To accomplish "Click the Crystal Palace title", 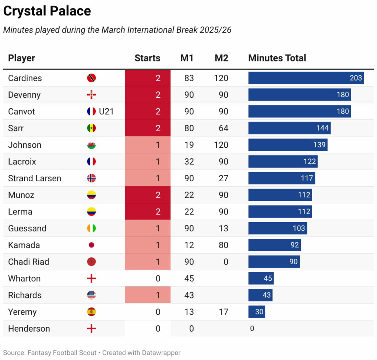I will point(47,11).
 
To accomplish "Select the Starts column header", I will point(147,58).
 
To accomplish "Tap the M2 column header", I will point(221,58).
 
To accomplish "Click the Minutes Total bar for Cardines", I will point(306,78).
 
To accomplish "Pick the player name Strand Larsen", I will point(35,178).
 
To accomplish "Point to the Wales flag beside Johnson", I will point(91,145).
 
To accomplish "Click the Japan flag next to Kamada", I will point(91,245).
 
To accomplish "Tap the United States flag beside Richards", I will point(91,295).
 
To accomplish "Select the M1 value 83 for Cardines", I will point(189,78).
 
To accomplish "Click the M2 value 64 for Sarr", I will point(223,128).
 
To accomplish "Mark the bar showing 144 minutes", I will point(289,128).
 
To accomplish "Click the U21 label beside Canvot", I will point(106,112).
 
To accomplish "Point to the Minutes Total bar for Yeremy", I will point(257,312).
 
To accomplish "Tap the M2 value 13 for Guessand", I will point(223,228).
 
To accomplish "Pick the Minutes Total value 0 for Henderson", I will point(252,329).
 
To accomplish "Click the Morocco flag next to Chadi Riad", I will point(91,262).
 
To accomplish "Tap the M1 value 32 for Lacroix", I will point(189,162).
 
